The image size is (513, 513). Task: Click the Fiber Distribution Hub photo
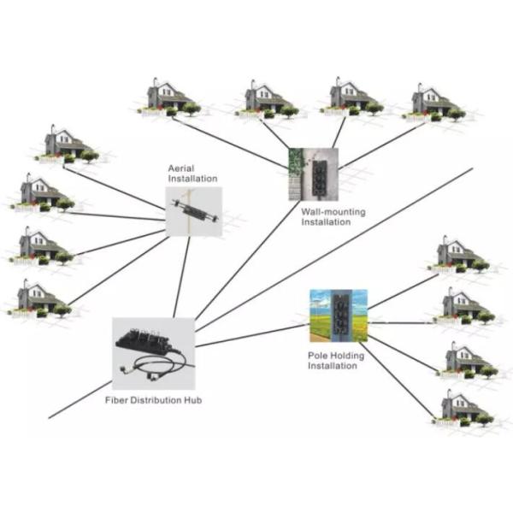pos(153,354)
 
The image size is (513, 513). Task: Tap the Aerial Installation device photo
pos(194,211)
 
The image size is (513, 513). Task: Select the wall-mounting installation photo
pos(313,174)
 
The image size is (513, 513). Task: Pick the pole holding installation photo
pos(339,315)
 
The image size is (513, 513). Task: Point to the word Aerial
pos(181,168)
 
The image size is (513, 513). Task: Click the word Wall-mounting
pos(333,212)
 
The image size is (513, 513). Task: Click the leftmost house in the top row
pos(169,97)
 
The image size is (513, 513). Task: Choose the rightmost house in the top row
pos(433,103)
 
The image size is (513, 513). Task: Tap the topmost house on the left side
pos(67,144)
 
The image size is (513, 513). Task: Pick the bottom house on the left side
pos(40,298)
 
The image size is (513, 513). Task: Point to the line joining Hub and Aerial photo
pos(181,277)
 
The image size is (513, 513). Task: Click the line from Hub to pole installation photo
pos(252,335)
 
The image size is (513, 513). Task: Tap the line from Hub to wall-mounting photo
pos(247,260)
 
